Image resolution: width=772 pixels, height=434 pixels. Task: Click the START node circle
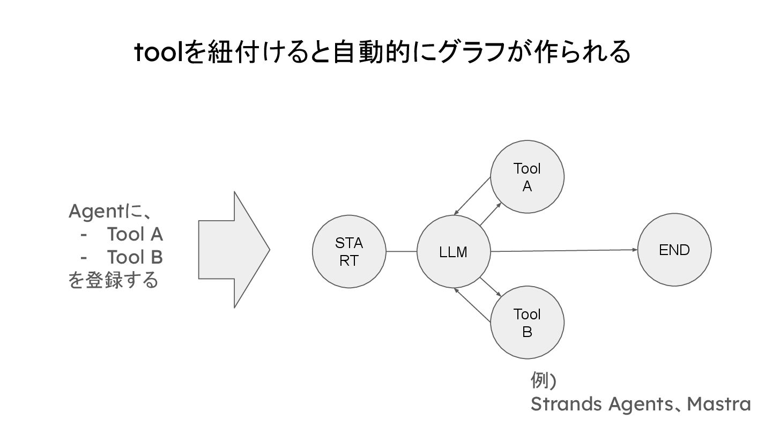point(349,251)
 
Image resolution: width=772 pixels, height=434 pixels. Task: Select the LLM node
point(454,251)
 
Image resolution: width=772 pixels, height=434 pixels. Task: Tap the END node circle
point(674,250)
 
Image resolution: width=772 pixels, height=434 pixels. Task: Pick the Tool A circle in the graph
point(527,177)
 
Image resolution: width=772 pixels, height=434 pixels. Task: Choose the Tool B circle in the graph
point(527,323)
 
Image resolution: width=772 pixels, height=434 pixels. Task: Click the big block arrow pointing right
point(234,250)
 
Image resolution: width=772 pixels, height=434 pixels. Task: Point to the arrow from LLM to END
point(563,250)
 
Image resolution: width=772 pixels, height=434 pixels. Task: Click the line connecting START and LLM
point(401,251)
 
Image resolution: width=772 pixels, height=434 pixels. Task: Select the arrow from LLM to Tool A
point(490,214)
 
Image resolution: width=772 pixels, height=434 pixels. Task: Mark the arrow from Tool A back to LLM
point(473,195)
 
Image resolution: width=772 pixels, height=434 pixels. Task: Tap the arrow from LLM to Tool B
point(490,287)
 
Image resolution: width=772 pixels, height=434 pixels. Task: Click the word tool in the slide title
point(158,53)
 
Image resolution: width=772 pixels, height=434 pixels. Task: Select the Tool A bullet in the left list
point(135,235)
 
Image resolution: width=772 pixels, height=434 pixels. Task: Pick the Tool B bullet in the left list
point(135,258)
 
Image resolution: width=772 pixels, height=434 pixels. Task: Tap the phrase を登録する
point(113,280)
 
